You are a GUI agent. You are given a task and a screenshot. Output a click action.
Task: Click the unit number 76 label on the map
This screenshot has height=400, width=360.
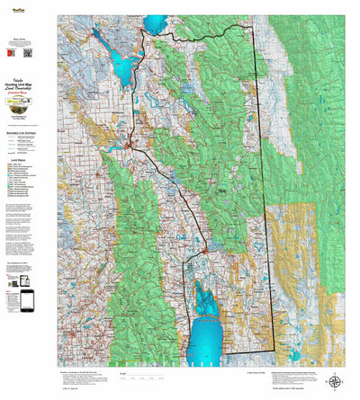[x=221, y=191]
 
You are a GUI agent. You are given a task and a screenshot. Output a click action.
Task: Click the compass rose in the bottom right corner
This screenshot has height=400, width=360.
[x=335, y=381]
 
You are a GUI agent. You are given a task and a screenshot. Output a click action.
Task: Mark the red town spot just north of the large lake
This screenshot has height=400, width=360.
[x=205, y=248]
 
